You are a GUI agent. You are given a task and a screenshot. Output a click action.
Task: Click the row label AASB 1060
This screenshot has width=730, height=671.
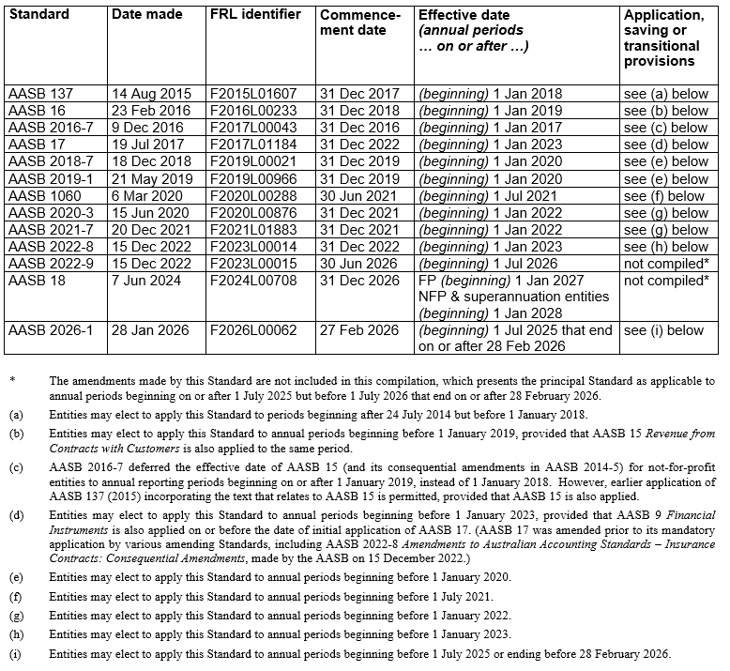44,196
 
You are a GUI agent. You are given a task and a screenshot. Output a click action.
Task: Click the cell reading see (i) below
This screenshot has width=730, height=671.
663,330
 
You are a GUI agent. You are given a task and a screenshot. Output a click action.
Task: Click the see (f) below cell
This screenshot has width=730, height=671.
663,196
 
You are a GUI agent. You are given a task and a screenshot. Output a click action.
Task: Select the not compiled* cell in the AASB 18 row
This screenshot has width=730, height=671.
665,281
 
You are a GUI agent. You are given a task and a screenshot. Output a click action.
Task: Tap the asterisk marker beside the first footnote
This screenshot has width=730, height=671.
13,381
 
